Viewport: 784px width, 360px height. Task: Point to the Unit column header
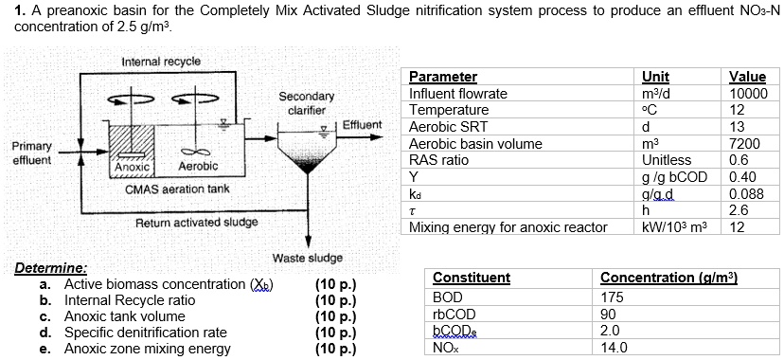pyautogui.click(x=655, y=77)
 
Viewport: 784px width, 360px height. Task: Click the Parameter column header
pyautogui.click(x=442, y=77)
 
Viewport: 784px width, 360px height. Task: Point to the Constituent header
pyautogui.click(x=471, y=278)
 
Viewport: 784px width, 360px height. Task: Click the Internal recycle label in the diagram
pyautogui.click(x=161, y=62)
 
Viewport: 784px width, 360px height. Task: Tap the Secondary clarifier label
pyautogui.click(x=306, y=103)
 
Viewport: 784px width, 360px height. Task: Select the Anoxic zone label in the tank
pyautogui.click(x=133, y=167)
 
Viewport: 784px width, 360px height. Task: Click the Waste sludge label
pyautogui.click(x=307, y=258)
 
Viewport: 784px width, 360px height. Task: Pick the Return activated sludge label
pyautogui.click(x=196, y=223)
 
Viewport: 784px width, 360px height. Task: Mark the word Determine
pyautogui.click(x=51, y=269)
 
